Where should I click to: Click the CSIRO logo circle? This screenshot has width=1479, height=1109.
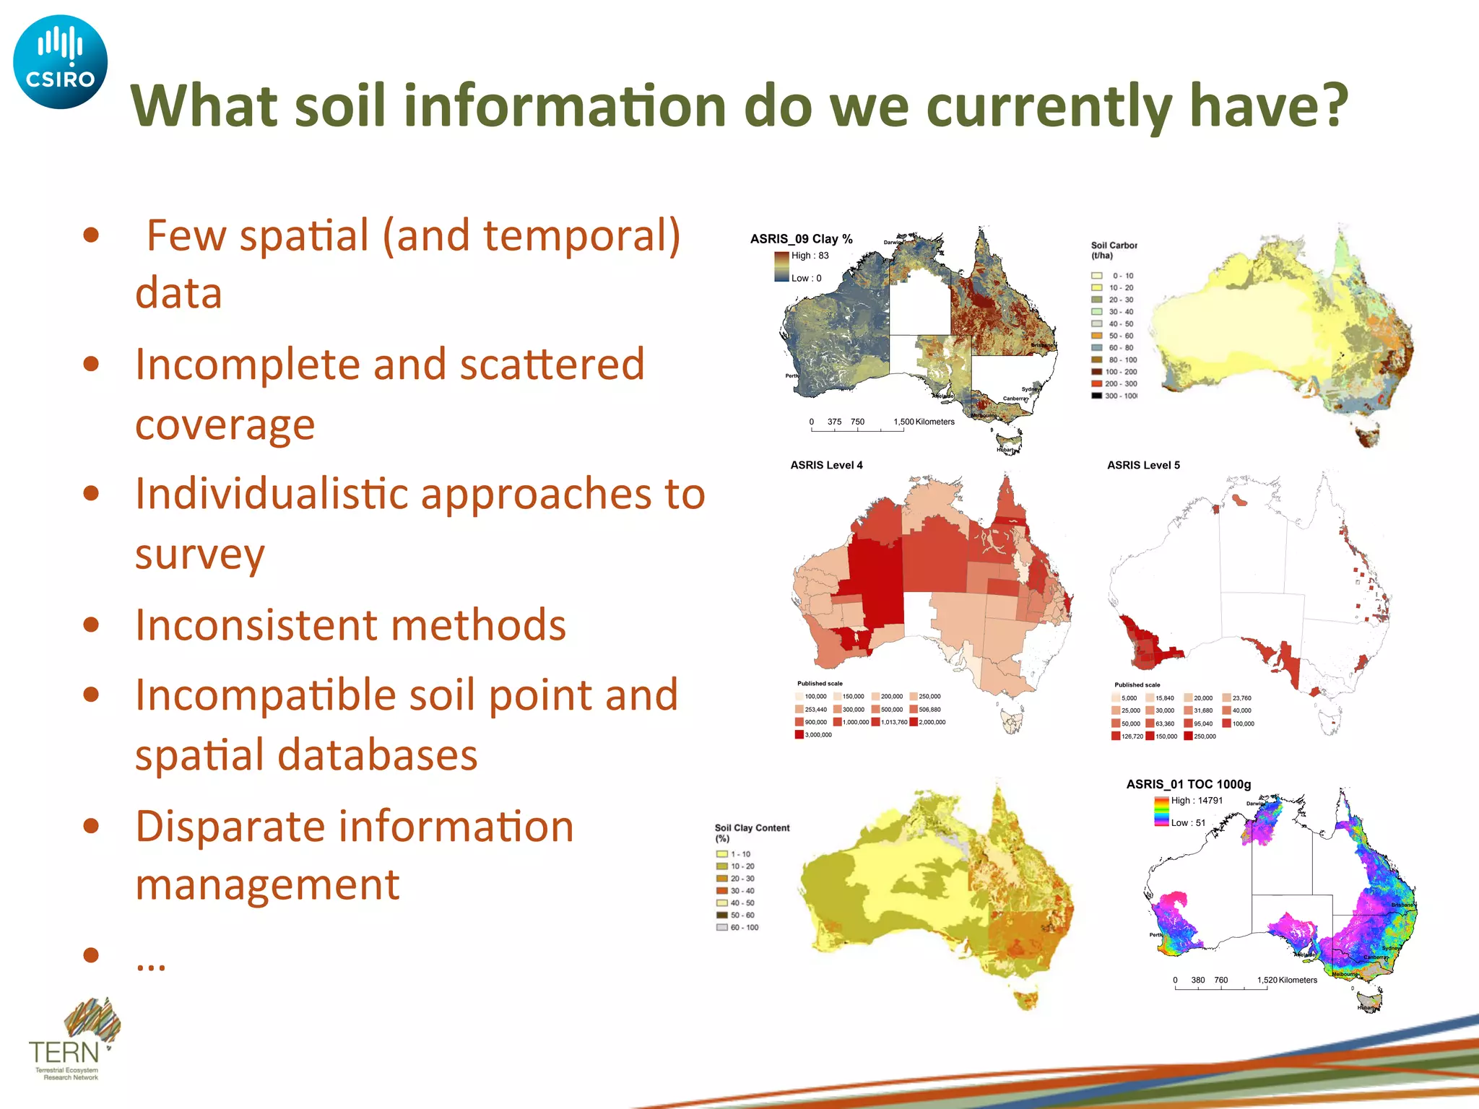tap(60, 62)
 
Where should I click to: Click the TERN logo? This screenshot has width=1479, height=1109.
tap(72, 1040)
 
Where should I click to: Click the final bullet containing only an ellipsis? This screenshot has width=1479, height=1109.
tap(151, 960)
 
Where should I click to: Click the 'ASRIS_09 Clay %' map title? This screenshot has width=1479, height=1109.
tap(801, 239)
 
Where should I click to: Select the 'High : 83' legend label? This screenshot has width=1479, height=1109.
tap(810, 256)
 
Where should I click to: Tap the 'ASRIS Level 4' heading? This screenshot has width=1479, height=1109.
tap(826, 466)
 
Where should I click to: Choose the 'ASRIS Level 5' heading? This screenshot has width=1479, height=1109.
tap(1143, 466)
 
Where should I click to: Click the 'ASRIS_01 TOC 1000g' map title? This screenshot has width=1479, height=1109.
tap(1188, 785)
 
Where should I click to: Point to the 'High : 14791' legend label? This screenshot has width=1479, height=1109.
tap(1197, 801)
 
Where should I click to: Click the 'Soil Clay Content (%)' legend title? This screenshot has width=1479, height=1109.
tap(751, 833)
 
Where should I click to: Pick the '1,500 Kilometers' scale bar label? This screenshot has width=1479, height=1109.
tap(924, 422)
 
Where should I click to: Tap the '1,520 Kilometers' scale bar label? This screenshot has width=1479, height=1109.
tap(1287, 980)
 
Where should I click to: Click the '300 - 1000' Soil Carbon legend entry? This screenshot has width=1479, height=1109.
tap(1120, 396)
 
